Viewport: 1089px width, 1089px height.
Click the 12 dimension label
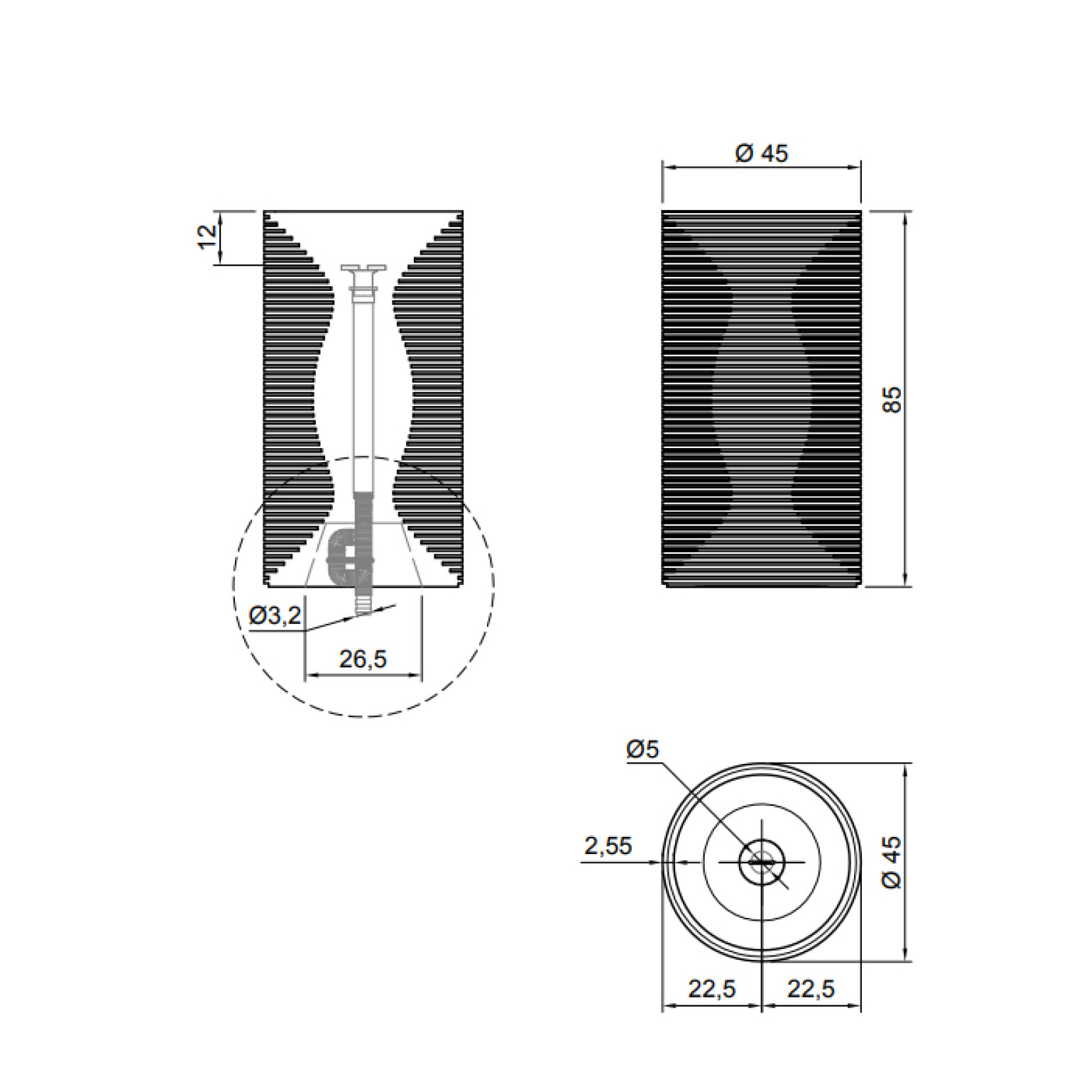207,236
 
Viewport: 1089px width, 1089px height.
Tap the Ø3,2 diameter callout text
275,616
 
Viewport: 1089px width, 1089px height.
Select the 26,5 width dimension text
363,660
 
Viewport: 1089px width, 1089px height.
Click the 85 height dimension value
892,399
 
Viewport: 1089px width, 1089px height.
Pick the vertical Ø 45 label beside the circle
892,862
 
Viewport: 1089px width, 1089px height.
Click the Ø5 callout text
643,749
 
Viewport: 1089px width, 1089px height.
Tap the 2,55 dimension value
608,846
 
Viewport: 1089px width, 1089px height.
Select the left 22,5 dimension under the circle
712,988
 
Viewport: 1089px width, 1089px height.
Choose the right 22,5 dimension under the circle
811,988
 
